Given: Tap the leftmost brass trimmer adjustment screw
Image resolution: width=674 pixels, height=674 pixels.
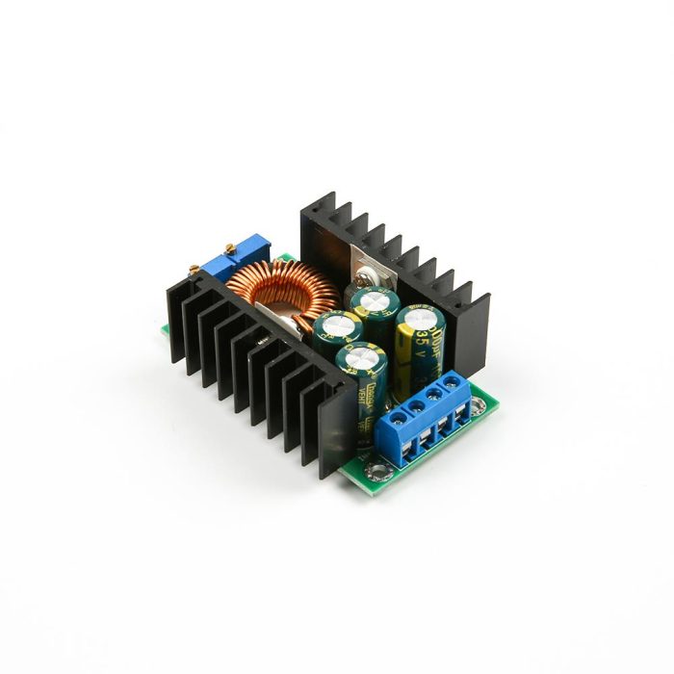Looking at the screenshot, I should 205,261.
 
